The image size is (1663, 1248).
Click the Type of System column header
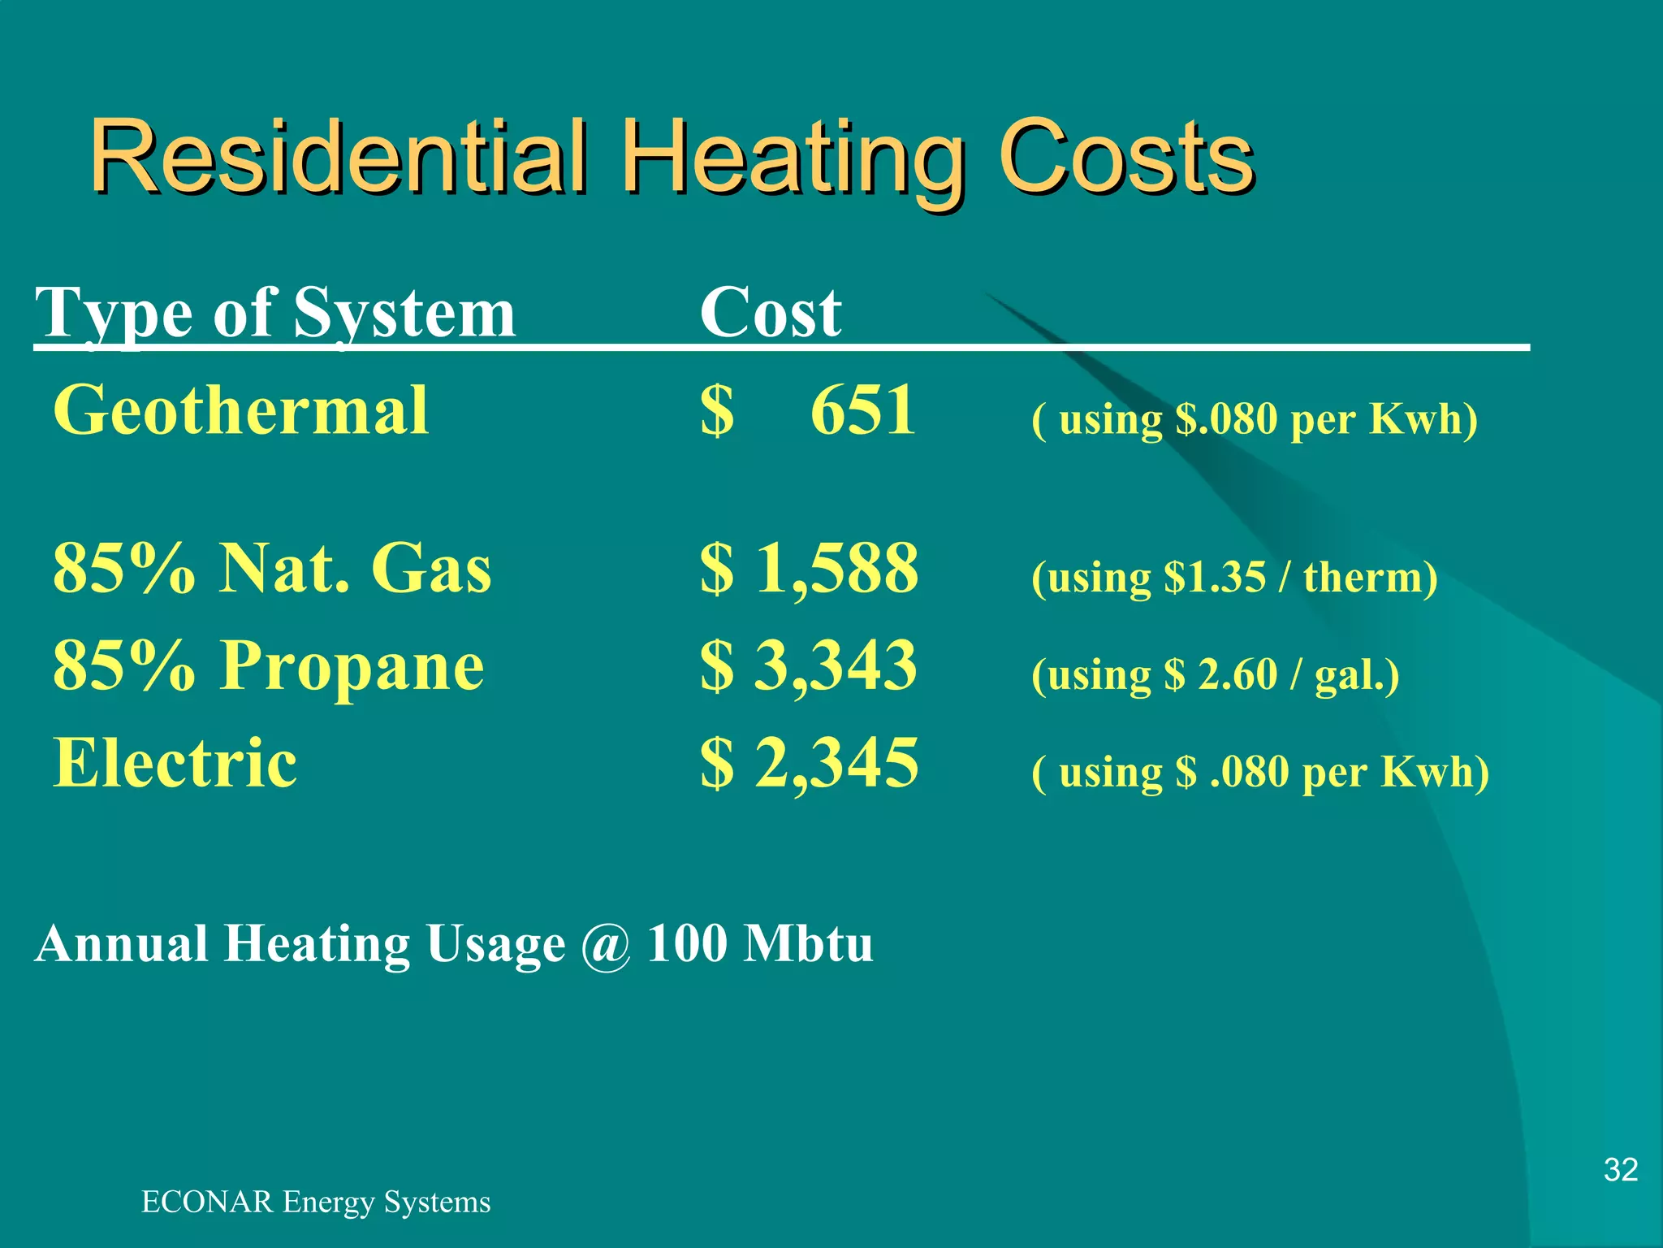(x=275, y=314)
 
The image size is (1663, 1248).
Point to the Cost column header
(x=771, y=314)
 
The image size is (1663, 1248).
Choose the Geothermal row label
(x=241, y=411)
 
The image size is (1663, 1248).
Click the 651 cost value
(x=863, y=411)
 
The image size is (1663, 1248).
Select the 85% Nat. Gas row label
(x=272, y=569)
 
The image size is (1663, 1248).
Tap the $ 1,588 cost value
(x=810, y=569)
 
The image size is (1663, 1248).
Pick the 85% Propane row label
(x=269, y=666)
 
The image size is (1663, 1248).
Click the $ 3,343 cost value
(x=810, y=666)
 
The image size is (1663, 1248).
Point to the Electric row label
(x=175, y=764)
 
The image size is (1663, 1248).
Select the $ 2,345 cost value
(x=810, y=764)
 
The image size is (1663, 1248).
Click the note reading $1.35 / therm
(x=1234, y=578)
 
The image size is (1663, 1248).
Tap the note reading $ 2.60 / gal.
(x=1216, y=675)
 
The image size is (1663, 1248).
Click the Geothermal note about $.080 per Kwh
(x=1255, y=420)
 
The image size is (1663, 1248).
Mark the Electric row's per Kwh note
(x=1260, y=773)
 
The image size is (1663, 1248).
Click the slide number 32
(x=1621, y=1170)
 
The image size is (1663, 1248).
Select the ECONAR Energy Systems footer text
(x=316, y=1202)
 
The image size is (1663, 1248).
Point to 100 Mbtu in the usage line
(x=760, y=944)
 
